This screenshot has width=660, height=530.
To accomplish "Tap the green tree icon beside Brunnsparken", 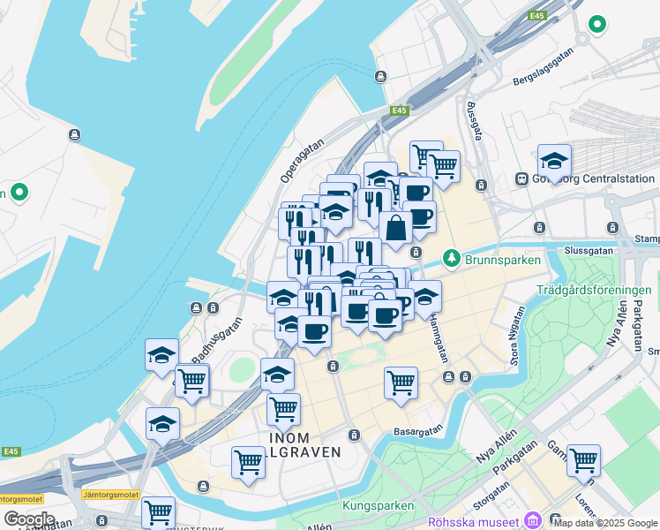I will click(x=453, y=257).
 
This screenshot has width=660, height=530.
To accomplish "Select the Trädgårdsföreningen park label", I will click(x=594, y=290).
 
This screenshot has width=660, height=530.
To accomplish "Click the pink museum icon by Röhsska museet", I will click(x=532, y=521).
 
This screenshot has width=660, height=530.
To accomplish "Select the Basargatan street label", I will click(x=419, y=432).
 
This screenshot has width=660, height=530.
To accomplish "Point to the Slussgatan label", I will click(x=589, y=250).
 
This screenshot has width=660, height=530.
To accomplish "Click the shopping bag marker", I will click(x=397, y=227).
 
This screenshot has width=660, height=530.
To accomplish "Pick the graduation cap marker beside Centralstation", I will click(x=554, y=162).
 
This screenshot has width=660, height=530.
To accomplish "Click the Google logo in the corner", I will click(x=29, y=519).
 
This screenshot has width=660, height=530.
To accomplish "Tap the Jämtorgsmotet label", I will click(x=111, y=495).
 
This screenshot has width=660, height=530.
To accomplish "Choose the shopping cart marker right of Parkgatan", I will click(x=583, y=460).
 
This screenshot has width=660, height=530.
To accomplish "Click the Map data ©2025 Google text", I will click(x=606, y=523).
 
